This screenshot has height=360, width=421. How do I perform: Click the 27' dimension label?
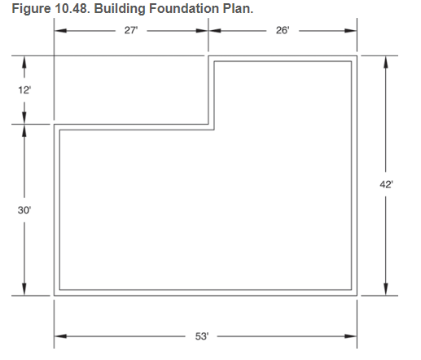coord(130,31)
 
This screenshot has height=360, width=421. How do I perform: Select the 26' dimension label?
coord(283,31)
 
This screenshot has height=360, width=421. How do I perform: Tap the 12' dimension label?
coord(24,90)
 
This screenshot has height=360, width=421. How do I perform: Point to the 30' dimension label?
coord(24,210)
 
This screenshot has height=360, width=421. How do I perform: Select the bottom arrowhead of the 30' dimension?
coord(24,290)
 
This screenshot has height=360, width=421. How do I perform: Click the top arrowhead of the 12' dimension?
coord(24,61)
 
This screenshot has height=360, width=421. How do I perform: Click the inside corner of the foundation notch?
coord(212,126)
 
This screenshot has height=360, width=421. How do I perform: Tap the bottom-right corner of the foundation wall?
coord(355,294)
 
